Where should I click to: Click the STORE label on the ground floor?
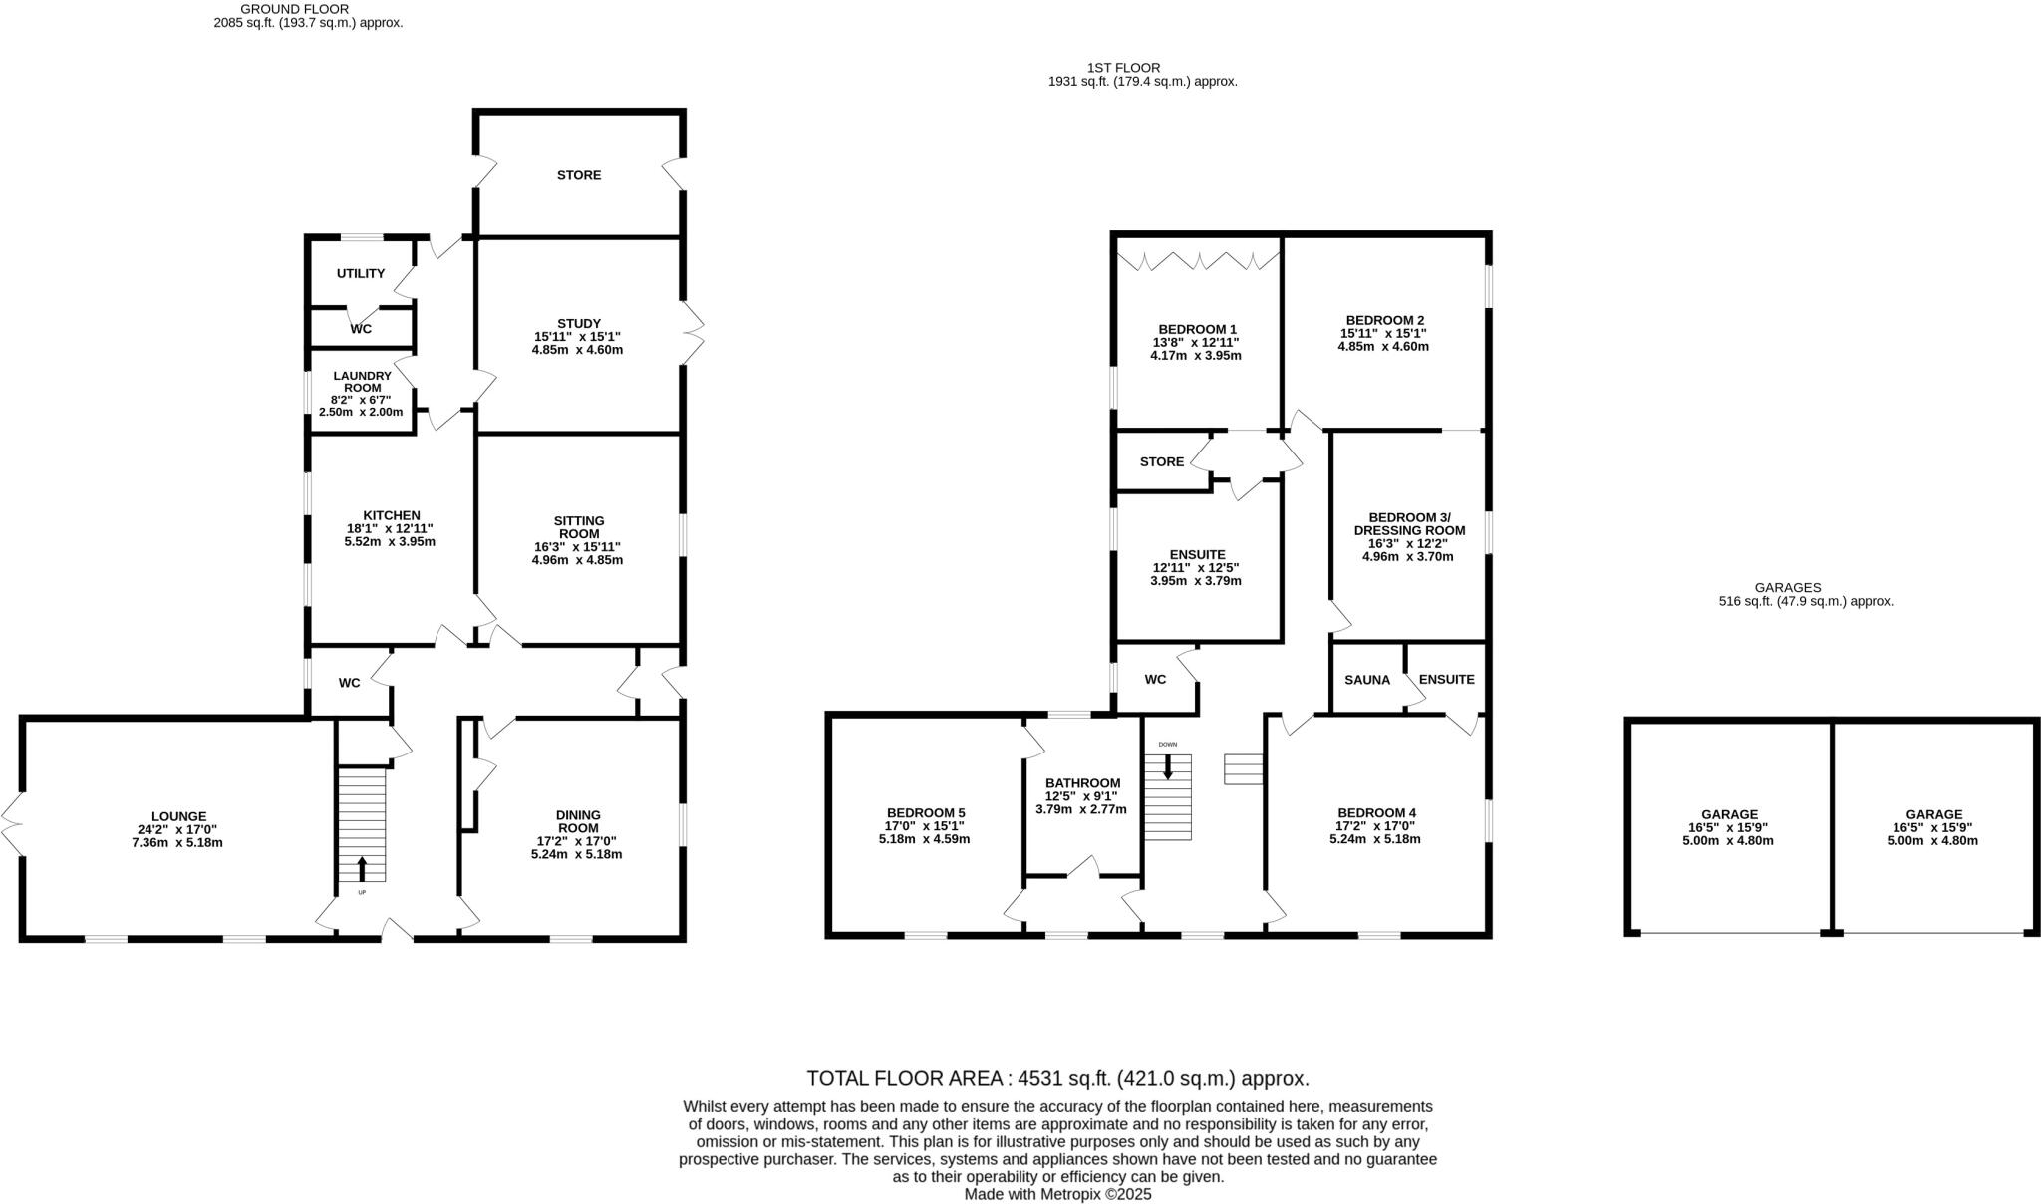coord(579,175)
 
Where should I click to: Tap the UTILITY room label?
coord(360,273)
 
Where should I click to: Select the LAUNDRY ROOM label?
coord(361,382)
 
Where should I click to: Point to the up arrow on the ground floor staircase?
coord(362,866)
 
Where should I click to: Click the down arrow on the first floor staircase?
coord(1168,767)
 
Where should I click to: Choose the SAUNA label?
coord(1367,680)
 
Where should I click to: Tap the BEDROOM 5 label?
coord(925,812)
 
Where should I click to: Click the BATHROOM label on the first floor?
coord(1082,783)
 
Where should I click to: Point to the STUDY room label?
coord(579,323)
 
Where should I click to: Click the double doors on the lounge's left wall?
coord(13,823)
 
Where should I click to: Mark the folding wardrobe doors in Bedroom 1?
coord(1198,261)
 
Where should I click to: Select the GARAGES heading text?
coord(1788,588)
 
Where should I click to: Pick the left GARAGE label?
coord(1729,814)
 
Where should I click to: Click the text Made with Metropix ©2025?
coord(1057,1193)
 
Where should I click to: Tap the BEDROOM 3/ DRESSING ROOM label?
coord(1409,523)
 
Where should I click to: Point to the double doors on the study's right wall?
coord(694,333)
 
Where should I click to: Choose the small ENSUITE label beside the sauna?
coord(1446,680)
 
